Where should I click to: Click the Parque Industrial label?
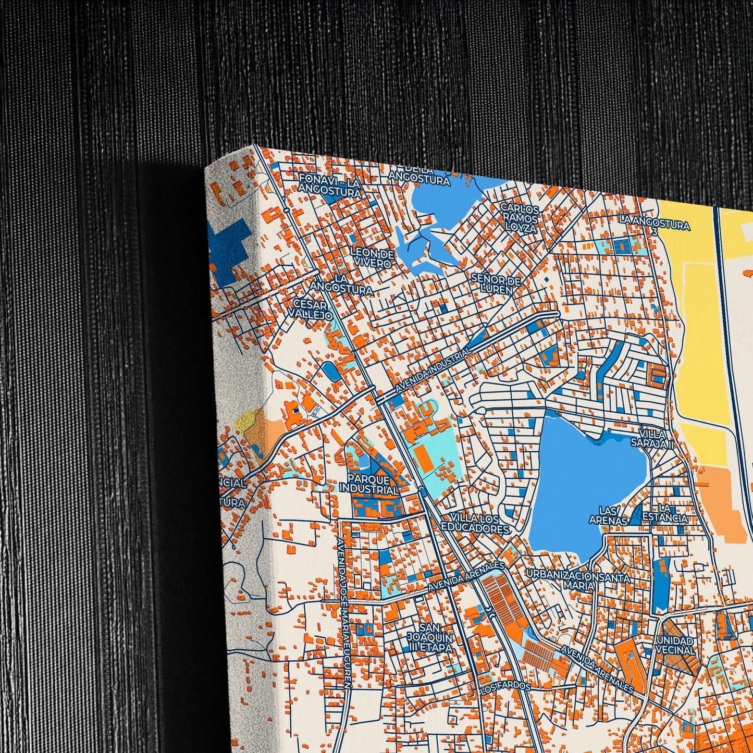(368, 484)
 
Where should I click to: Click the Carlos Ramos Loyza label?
(519, 217)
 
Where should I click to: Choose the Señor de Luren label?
(496, 283)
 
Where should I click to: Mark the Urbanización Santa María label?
(578, 580)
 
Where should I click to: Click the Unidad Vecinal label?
(675, 645)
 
